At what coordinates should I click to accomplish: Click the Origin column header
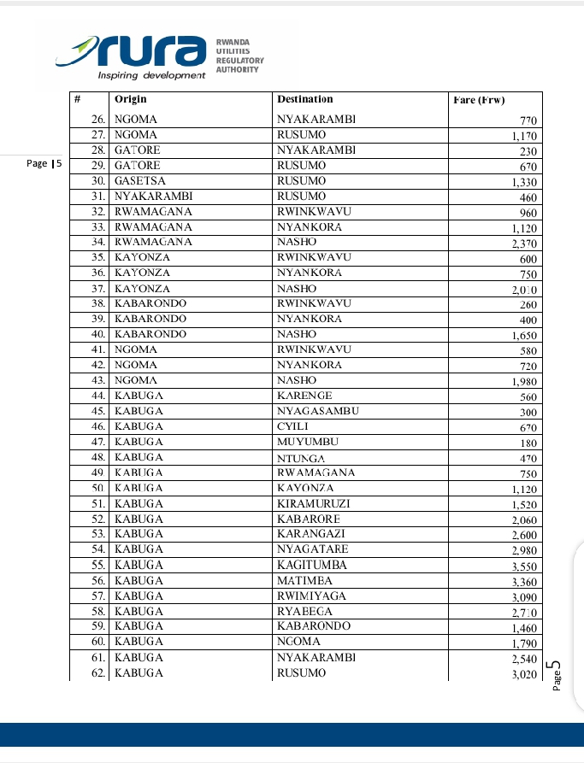[x=131, y=100]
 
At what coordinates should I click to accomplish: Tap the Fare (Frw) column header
[x=479, y=100]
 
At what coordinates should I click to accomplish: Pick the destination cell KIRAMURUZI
[x=314, y=504]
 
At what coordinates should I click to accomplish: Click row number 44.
[x=97, y=396]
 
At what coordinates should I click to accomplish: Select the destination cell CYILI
[x=292, y=427]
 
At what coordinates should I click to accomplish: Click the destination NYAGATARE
[x=313, y=550]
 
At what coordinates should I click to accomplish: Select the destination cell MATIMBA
[x=305, y=581]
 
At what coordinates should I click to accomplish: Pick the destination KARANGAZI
[x=312, y=535]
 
